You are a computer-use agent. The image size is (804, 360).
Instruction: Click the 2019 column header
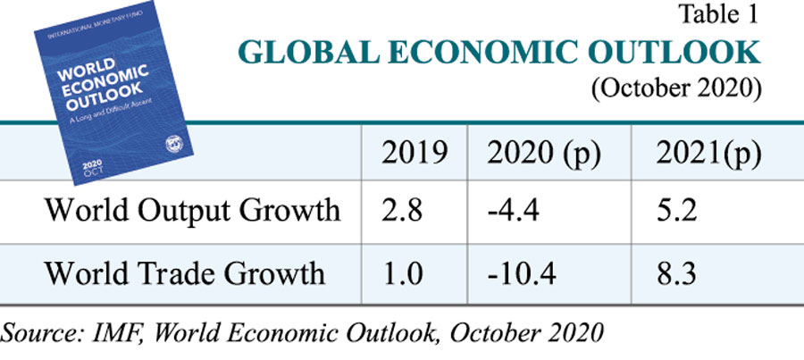pos(414,155)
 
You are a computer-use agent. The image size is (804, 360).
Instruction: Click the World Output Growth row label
pos(192,211)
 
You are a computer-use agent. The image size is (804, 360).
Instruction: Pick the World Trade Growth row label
pos(185,272)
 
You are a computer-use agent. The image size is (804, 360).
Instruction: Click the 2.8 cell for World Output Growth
pos(402,211)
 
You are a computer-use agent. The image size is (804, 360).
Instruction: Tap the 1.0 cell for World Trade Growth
pos(402,272)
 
